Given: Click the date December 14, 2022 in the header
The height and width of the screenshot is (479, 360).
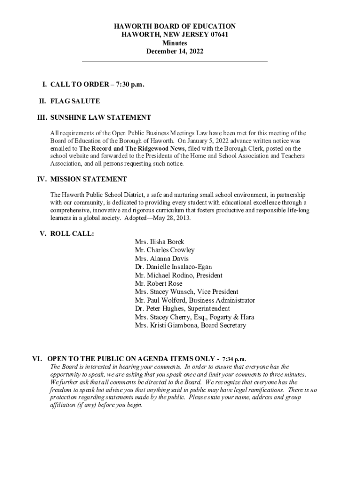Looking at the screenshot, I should coord(175,51).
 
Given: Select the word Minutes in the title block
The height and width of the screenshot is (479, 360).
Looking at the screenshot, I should coord(175,43).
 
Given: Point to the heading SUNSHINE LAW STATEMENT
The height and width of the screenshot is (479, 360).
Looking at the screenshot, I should coord(101,117).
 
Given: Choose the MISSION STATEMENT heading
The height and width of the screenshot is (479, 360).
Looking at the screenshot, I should coord(88,179).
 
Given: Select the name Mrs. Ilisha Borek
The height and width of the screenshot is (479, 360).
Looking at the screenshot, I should coord(159,242).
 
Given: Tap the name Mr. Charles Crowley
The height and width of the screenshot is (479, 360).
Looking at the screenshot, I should coord(165,250).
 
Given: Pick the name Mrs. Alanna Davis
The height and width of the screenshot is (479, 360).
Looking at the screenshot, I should coord(162,259).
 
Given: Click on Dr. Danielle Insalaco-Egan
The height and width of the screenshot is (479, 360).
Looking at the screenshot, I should coord(173,267).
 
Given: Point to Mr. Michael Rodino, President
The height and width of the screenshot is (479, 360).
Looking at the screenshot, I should coord(179,276).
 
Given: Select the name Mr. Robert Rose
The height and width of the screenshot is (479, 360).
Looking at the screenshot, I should coord(158,283).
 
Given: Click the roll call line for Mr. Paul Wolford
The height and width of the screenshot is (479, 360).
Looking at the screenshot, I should coord(195,300).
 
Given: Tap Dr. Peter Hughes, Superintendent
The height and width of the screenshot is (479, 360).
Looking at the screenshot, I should coord(182,309).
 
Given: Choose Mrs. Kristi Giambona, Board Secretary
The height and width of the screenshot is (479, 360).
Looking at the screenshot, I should coord(190,326).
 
